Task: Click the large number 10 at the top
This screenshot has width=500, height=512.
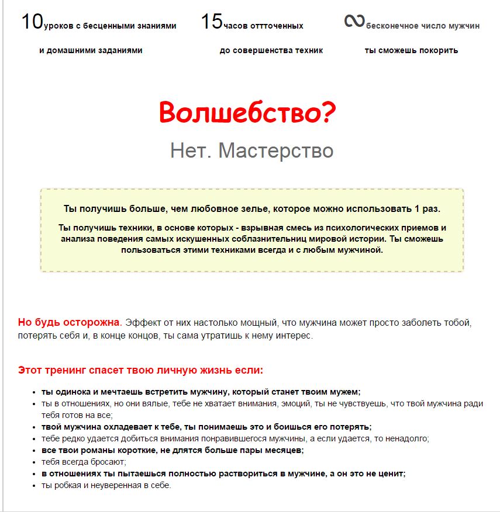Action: pos(32,22)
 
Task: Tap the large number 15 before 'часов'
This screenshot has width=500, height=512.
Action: pos(212,22)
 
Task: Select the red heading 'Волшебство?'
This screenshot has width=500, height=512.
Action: pos(247,113)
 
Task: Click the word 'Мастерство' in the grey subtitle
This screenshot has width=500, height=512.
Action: pos(275,151)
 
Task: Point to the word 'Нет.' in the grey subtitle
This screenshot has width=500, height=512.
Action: pos(191,151)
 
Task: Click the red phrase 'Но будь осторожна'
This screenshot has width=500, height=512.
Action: pos(68,322)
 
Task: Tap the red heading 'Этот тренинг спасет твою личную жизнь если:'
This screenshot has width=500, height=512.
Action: pos(140,370)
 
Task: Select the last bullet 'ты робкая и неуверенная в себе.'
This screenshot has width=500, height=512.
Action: pos(106,485)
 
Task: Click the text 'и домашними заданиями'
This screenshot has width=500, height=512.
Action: pos(91,50)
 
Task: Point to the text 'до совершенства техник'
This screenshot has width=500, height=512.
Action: pos(271,50)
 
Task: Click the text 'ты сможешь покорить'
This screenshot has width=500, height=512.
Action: pos(411,50)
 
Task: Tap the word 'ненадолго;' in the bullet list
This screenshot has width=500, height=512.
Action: pos(409,438)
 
